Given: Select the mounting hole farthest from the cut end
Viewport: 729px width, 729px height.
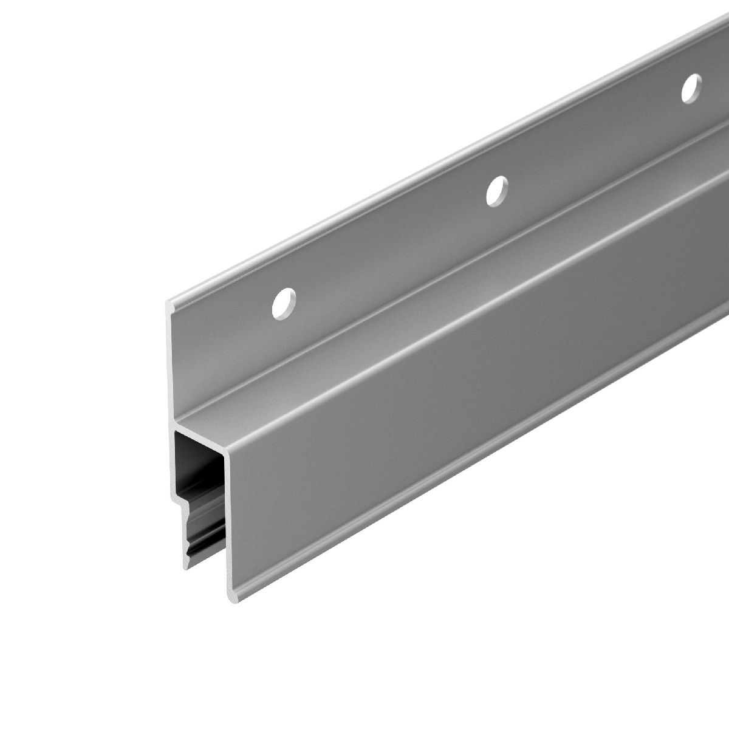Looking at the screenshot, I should [690, 89].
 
